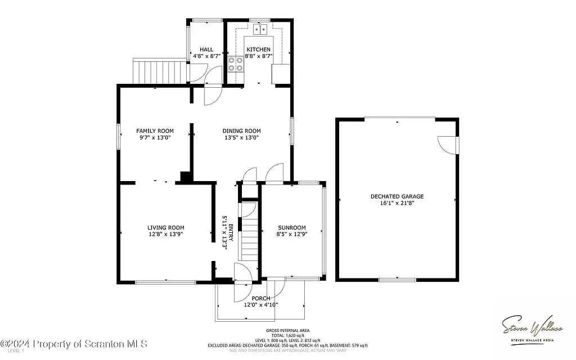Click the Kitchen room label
[258, 49]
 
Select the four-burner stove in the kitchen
[236, 64]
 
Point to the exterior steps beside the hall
[159, 71]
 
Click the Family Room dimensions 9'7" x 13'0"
[155, 137]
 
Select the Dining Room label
[242, 130]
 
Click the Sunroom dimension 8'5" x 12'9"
[291, 235]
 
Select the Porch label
[260, 298]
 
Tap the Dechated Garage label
[397, 196]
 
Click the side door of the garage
[449, 145]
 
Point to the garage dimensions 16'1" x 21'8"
[397, 204]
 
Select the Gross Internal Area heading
[287, 330]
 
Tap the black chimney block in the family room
[184, 177]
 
